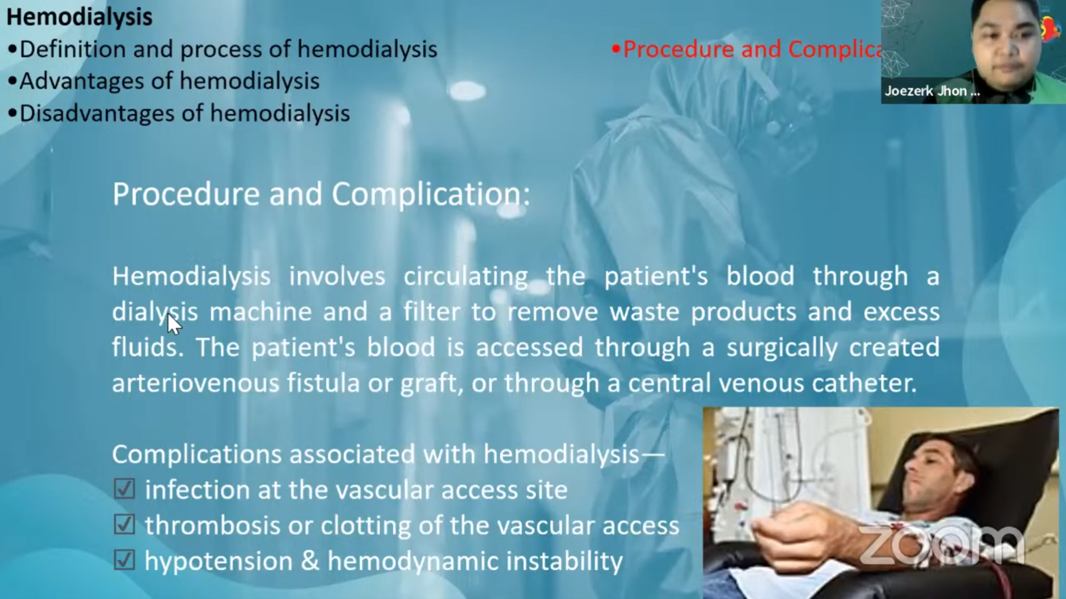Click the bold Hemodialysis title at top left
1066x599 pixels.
coord(79,17)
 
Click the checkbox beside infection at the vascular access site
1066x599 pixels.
coord(125,489)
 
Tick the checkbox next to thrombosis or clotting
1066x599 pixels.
coord(125,525)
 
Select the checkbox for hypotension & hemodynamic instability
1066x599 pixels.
coord(125,560)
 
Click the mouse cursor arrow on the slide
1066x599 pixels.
coord(174,325)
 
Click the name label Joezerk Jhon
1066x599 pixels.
coord(932,91)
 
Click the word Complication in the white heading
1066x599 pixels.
coord(431,194)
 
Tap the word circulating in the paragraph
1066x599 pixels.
coord(466,276)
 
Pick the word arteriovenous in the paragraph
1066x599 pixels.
coord(196,383)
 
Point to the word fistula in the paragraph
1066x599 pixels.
coord(323,382)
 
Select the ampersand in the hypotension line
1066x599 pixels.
coord(310,561)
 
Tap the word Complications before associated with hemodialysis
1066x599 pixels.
coord(197,455)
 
